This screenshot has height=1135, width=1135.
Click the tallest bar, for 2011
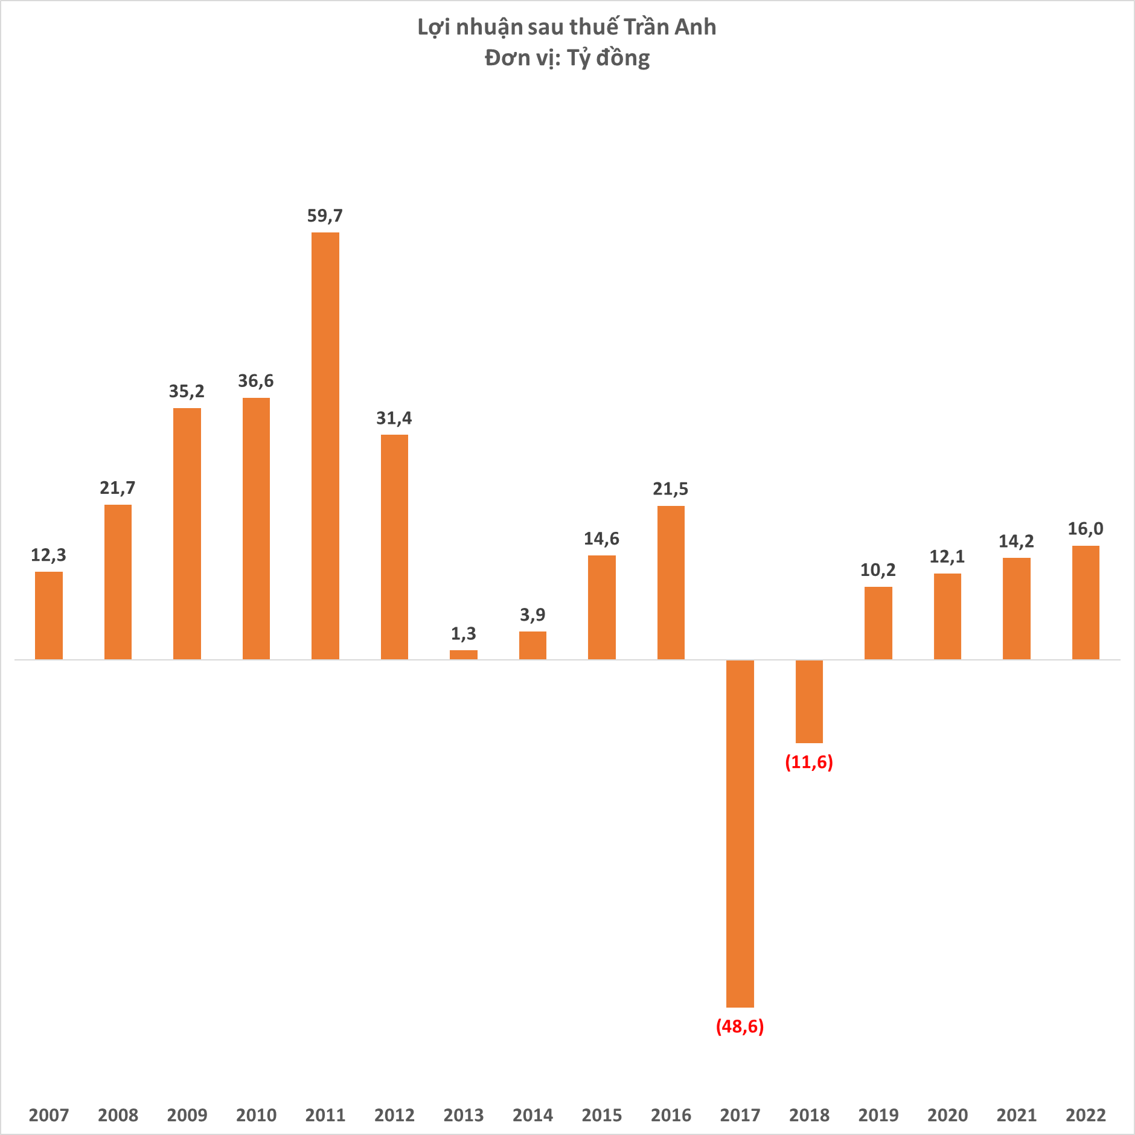coord(325,446)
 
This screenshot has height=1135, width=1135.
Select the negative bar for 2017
coord(740,833)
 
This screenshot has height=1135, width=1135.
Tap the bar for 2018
coord(809,701)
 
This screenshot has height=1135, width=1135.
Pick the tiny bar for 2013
coord(463,654)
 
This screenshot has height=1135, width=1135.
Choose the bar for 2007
coord(49,615)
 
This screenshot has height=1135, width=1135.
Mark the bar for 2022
coord(1085,602)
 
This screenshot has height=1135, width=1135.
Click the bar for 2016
coord(671,582)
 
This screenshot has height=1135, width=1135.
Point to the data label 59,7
coord(325,216)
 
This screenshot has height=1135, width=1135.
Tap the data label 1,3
coord(463,633)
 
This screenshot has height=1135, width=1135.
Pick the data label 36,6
coord(256,381)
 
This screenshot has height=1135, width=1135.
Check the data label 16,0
coord(1085,529)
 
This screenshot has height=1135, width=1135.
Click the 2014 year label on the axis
coord(532,1114)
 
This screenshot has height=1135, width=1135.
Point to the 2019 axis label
coord(878,1114)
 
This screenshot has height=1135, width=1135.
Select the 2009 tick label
coord(187,1114)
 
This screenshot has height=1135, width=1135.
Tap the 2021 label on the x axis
coord(1017,1114)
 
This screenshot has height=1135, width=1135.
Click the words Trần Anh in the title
coord(670,27)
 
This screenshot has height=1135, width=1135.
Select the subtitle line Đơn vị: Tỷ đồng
coord(567,58)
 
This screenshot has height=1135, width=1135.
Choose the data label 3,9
coord(532,615)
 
